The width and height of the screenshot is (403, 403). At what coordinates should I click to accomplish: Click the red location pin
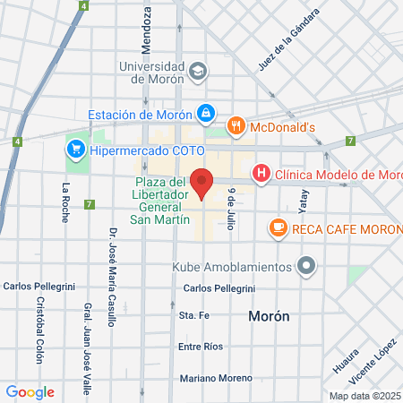203,183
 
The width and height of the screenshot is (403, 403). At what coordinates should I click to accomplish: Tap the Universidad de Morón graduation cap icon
197,70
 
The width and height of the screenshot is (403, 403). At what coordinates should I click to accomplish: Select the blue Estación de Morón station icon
207,113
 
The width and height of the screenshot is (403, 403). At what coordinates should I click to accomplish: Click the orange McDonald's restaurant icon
236,126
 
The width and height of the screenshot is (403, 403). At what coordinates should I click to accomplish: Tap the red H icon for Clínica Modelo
262,173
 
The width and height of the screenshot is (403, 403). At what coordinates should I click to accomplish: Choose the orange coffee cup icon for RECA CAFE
278,229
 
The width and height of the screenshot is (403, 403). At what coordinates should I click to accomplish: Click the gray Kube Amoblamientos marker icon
306,266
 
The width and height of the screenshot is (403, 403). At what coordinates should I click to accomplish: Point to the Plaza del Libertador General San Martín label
160,201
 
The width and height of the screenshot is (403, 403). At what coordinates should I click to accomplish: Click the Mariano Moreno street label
216,378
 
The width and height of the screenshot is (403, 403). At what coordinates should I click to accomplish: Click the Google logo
30,391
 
